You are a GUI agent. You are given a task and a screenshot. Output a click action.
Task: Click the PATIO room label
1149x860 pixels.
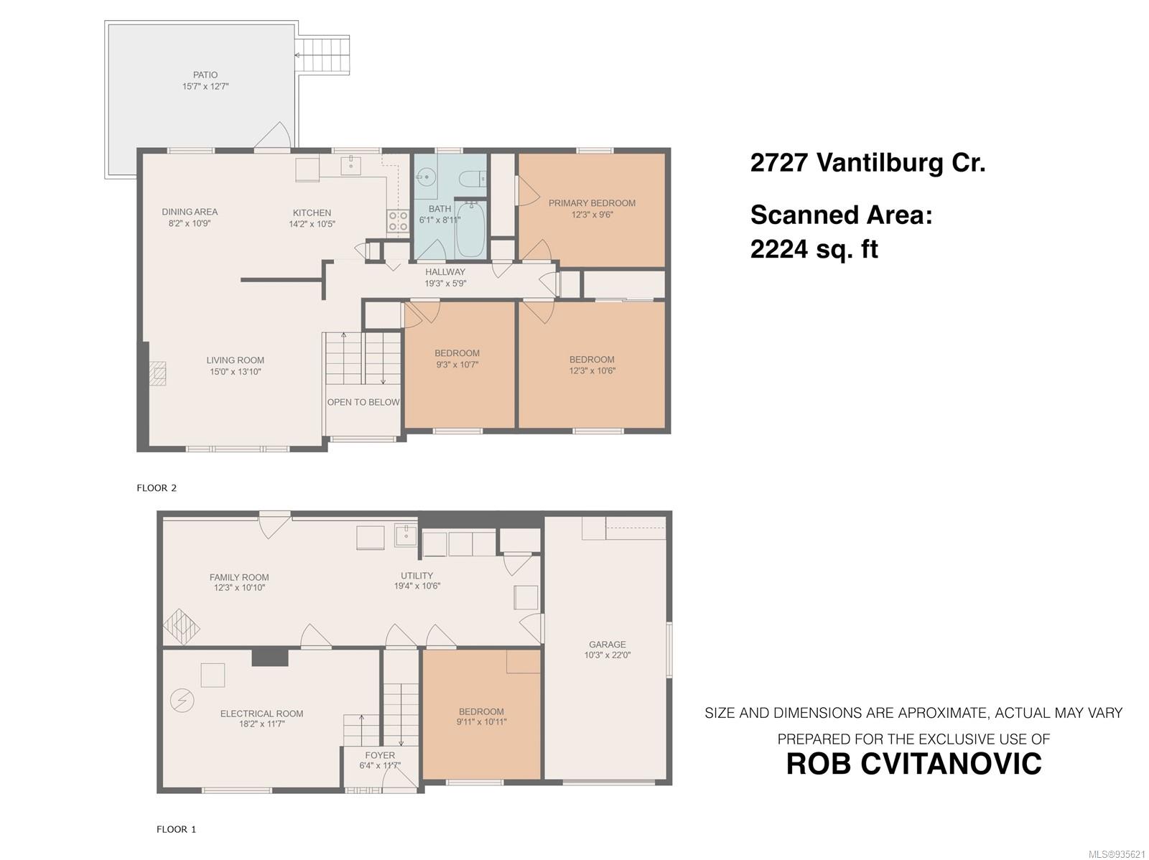(x=205, y=75)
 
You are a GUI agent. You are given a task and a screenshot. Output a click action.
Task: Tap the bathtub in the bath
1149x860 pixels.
(x=471, y=230)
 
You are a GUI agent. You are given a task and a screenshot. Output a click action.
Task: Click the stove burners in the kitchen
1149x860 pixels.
(x=398, y=221)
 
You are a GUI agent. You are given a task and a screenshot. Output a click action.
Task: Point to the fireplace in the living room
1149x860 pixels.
(x=157, y=373)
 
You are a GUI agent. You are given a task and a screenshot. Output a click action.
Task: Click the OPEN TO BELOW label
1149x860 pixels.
(x=363, y=402)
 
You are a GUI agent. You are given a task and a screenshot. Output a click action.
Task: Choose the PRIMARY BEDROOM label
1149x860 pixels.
(x=592, y=203)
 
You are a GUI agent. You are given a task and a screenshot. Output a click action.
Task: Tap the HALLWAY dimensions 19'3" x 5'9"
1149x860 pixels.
(x=445, y=284)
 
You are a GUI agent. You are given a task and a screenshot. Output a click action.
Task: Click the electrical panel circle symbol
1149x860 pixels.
(x=182, y=700)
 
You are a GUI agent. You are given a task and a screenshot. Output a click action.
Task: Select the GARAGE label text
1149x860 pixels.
(x=608, y=645)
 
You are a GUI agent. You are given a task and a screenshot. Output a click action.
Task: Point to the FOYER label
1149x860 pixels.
(x=380, y=755)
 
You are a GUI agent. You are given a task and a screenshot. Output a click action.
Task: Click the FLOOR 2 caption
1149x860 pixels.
(x=157, y=488)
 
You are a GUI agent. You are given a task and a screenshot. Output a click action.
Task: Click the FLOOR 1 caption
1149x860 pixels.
(x=176, y=829)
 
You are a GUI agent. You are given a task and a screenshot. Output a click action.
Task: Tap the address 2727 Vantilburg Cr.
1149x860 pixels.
(x=867, y=163)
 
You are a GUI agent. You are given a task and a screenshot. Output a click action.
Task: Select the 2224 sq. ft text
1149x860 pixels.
(x=814, y=249)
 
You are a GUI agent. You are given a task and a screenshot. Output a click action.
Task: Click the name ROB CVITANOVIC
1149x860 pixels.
(x=913, y=764)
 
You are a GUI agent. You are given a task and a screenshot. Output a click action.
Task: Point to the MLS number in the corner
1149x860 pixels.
(x=1117, y=854)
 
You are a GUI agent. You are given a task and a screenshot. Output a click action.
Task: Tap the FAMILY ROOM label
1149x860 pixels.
(x=239, y=577)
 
